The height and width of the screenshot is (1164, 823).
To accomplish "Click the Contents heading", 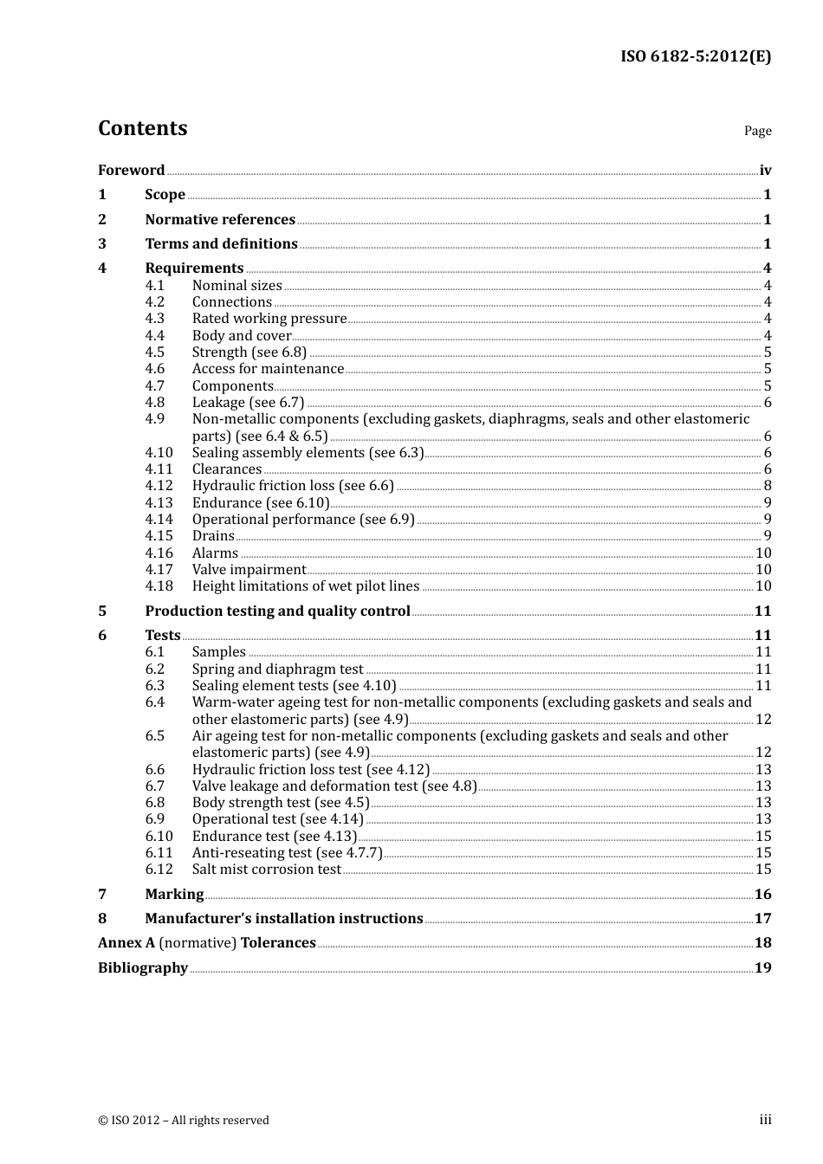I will [x=142, y=128].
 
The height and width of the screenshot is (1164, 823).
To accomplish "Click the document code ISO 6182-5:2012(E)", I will [x=695, y=56].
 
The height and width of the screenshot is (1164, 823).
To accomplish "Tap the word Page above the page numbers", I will [x=757, y=131].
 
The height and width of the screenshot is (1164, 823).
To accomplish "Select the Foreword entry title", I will [x=131, y=170].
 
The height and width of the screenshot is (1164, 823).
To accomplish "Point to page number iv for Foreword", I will [x=765, y=170].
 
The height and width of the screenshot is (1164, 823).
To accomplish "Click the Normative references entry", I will [x=220, y=219].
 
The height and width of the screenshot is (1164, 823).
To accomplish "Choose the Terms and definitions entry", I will [x=221, y=243].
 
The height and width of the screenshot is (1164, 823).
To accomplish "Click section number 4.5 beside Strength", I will [x=154, y=352].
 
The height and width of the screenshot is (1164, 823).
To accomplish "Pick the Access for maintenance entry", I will [x=268, y=368].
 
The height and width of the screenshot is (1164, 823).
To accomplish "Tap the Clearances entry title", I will [x=226, y=469].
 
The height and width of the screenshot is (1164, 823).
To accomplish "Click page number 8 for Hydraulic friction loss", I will [x=767, y=485].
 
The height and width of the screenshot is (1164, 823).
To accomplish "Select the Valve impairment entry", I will [x=249, y=569].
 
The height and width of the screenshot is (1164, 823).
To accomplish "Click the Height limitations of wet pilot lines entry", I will [x=305, y=585].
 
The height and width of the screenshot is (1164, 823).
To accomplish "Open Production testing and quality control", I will [x=277, y=611].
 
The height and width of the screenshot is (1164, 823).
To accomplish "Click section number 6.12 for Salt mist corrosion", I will [x=159, y=869].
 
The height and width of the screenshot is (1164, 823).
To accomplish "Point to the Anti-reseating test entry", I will [x=287, y=852].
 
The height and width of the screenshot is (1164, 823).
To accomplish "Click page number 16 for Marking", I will [x=762, y=894].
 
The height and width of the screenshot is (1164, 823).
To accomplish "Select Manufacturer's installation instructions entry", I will [x=283, y=918].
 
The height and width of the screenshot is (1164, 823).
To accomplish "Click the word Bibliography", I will [x=143, y=967].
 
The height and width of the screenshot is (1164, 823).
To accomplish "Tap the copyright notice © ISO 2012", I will [x=183, y=1120].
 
